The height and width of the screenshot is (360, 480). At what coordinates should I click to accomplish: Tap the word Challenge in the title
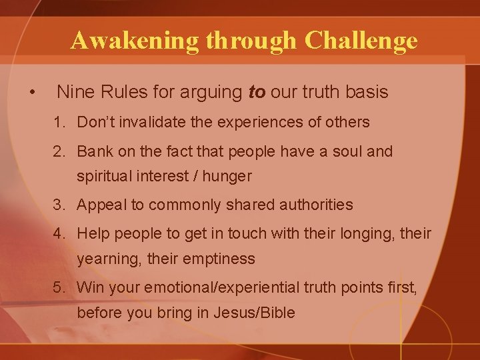361,41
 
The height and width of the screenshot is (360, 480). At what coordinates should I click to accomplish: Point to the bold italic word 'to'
256,92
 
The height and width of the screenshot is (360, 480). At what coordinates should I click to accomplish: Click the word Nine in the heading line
74,92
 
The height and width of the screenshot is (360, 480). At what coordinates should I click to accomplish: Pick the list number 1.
60,123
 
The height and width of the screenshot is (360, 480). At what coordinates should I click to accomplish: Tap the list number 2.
60,152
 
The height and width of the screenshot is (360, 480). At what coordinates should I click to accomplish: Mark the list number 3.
60,205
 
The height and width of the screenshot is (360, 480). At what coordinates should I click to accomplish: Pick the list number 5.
60,288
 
